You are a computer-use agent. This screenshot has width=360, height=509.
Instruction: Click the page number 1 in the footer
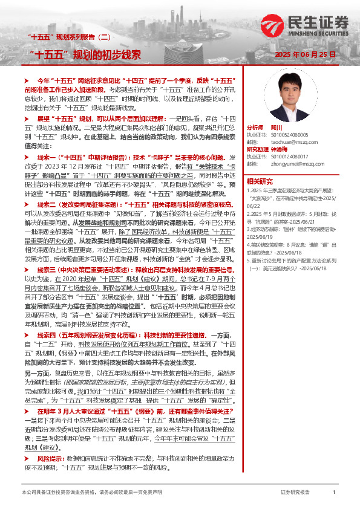pyautogui.click(x=333, y=493)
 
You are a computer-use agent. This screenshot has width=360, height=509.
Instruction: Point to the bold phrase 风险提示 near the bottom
pyautogui.click(x=51, y=443)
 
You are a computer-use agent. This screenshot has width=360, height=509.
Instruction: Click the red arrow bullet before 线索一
pyautogui.click(x=27, y=157)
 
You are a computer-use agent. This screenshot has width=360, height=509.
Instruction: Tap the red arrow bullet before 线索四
pyautogui.click(x=27, y=334)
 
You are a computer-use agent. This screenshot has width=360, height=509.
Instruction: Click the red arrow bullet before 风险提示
pyautogui.click(x=27, y=443)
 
